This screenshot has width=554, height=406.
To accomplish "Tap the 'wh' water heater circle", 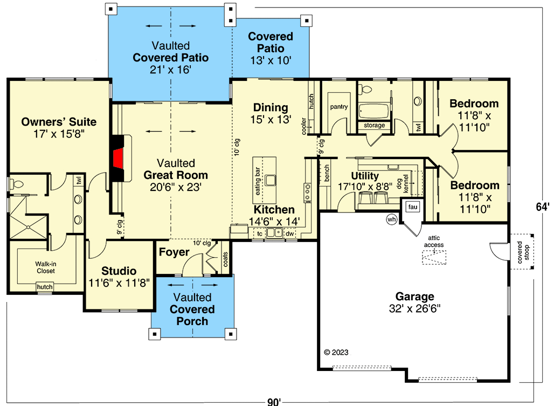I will point(392,219).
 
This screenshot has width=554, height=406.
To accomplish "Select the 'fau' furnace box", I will point(413,207).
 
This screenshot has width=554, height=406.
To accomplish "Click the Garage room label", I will point(414,297).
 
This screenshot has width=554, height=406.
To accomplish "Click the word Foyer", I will point(174,252).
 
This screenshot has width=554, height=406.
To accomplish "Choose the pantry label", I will point(338,107).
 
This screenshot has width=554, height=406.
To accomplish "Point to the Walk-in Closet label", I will point(45,267).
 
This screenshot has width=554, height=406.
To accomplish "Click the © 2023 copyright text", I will point(336,352).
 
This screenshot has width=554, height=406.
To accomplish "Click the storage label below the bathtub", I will point(375,125).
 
